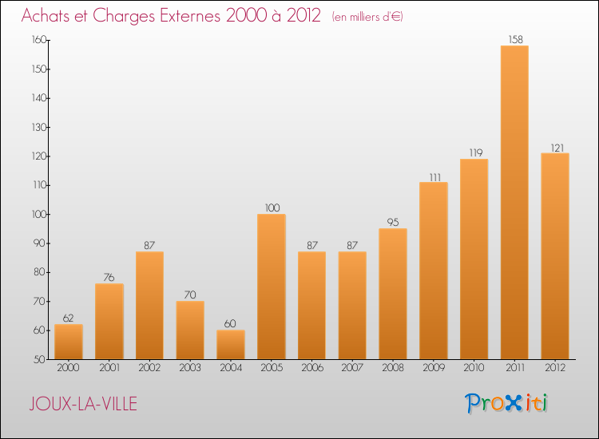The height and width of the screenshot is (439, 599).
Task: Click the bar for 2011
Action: click(514, 202)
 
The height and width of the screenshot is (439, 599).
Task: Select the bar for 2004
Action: click(231, 345)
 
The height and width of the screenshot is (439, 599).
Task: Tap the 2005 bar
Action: click(272, 287)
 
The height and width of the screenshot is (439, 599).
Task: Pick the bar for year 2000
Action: click(69, 342)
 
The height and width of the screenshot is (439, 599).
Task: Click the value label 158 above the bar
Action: click(515, 39)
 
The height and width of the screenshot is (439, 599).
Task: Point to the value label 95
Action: click(393, 222)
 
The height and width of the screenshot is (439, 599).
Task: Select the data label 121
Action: click(557, 148)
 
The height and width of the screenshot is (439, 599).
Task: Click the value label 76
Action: click(109, 277)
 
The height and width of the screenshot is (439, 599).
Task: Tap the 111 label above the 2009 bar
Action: click(434, 177)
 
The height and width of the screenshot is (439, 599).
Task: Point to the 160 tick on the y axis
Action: click(39, 40)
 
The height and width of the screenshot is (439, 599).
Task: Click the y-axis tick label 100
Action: click(39, 214)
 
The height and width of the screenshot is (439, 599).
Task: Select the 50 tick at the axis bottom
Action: click(40, 359)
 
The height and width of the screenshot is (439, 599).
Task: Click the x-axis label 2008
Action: click(393, 367)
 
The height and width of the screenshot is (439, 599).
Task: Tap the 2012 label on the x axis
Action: click(555, 367)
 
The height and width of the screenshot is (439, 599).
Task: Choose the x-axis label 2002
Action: click(149, 367)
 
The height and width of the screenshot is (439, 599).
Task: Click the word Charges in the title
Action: click(125, 16)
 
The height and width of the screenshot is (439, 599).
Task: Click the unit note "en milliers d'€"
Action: click(367, 17)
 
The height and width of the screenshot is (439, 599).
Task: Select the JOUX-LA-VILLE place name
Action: click(83, 404)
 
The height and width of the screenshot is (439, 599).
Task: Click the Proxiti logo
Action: click(506, 403)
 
